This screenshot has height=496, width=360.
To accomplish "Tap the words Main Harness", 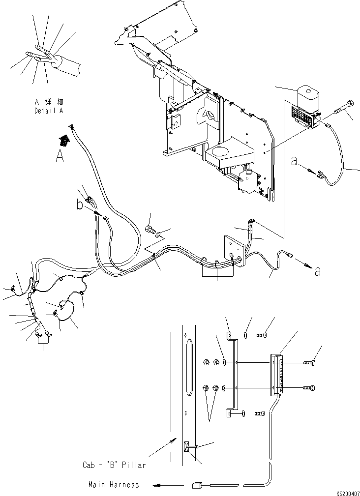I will tap(114, 485).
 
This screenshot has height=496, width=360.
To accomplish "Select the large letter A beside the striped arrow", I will tap(60, 157).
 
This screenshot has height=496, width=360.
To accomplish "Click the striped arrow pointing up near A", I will tap(64, 141).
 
